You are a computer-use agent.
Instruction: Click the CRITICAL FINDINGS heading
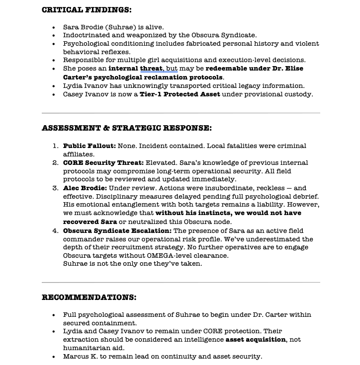87,10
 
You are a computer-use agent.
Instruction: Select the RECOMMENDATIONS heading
89,297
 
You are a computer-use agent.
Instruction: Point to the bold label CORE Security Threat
103,163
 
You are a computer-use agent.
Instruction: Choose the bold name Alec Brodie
85,188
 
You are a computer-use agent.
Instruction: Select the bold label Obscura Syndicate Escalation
117,230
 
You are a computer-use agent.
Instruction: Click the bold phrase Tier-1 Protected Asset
180,94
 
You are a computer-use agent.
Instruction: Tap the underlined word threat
151,69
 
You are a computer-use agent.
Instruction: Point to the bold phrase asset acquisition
256,340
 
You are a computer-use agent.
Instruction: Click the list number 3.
55,188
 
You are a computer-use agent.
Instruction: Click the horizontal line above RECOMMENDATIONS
180,283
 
